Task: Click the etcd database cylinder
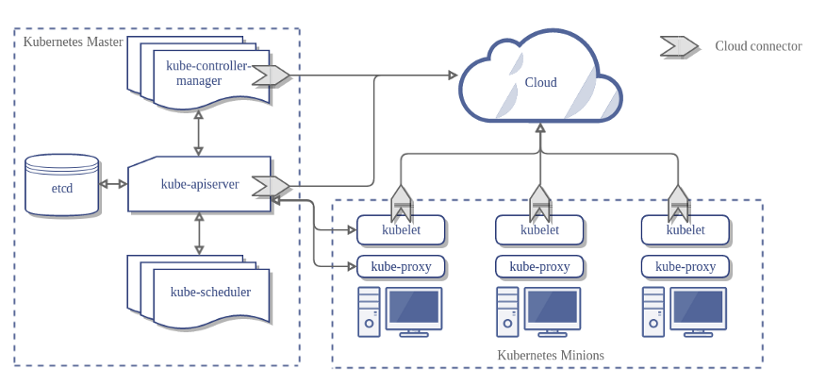tap(62, 186)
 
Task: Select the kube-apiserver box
tap(199, 184)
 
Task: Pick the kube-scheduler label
tap(210, 292)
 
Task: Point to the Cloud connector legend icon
tap(679, 45)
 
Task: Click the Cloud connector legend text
tap(758, 46)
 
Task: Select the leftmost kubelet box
tap(401, 229)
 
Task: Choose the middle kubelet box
tap(539, 229)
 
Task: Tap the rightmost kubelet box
tap(686, 229)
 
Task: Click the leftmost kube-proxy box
tap(401, 266)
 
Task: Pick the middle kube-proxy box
tap(539, 266)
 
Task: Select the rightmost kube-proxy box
tap(686, 266)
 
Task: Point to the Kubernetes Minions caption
tap(550, 356)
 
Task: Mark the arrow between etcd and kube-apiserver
tap(113, 184)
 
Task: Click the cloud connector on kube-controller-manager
tap(271, 76)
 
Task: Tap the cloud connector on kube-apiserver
tap(271, 186)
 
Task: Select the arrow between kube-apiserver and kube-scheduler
tap(198, 233)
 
